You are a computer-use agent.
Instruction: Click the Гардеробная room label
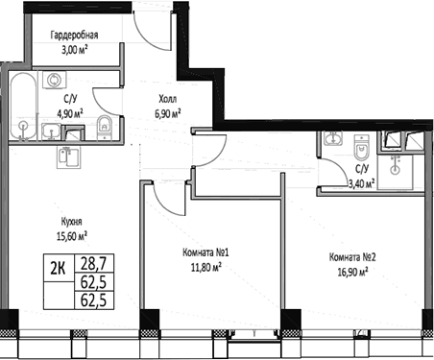[74, 35]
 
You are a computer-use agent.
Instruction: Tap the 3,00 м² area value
[75, 50]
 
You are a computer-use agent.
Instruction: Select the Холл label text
[167, 99]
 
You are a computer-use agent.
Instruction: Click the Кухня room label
[71, 222]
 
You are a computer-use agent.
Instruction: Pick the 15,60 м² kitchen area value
[72, 236]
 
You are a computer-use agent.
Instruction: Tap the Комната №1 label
[205, 252]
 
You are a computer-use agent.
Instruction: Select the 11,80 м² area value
[206, 267]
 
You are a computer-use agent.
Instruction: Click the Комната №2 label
[352, 257]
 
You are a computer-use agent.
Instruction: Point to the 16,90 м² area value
[352, 272]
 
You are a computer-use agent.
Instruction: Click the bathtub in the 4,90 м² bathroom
[23, 107]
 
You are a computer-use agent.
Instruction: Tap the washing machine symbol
[52, 80]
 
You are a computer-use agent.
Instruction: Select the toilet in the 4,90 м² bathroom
[104, 128]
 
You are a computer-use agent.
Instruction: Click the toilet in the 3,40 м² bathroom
[362, 147]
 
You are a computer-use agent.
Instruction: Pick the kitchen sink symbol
[68, 157]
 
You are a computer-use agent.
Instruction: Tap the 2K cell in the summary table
[59, 268]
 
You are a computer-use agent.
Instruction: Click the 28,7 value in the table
[93, 264]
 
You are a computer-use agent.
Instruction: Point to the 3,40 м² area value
[361, 184]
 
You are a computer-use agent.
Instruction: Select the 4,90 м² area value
[70, 113]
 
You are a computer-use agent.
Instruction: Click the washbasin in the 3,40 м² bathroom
[333, 138]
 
